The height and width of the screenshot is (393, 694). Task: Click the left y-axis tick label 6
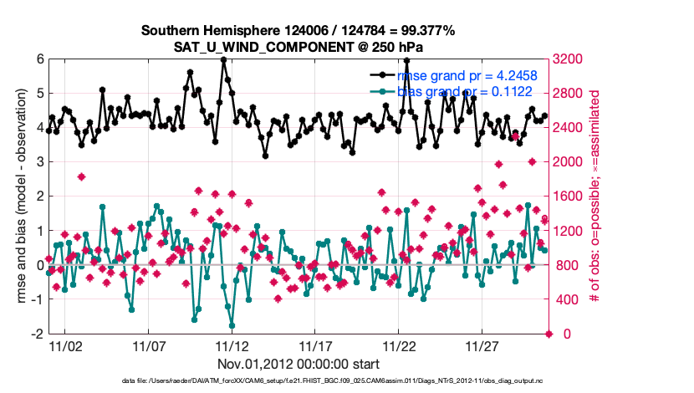click(39, 59)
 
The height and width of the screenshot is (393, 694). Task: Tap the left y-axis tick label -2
click(37, 334)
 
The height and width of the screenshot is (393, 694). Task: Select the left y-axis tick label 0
click(39, 265)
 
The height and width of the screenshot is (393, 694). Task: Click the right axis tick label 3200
click(569, 59)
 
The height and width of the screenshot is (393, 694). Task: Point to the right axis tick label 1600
click(569, 196)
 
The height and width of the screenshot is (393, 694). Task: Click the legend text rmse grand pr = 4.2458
click(467, 75)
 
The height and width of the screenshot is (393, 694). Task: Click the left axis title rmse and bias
click(18, 196)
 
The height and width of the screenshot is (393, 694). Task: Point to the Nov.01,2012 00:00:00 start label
click(299, 364)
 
